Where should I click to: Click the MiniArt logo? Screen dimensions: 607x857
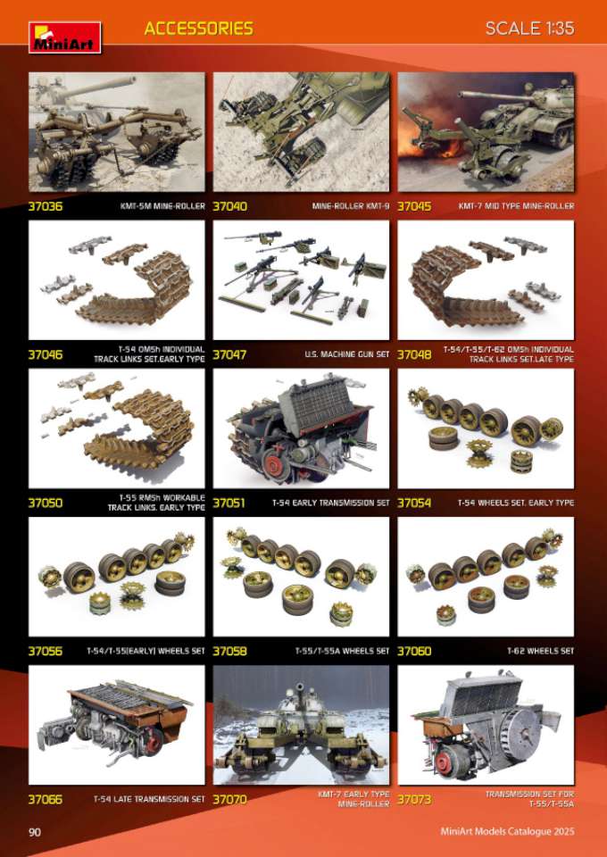coord(65,37)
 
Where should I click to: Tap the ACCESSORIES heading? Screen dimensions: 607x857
coord(199,29)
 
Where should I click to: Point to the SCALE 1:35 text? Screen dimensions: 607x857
coord(529,29)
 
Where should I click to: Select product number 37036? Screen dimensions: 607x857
coord(46,206)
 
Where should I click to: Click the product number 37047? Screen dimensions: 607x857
coord(230,354)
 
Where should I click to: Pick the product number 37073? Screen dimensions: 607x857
coord(415,799)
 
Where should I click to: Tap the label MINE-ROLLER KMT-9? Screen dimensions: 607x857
coord(351,206)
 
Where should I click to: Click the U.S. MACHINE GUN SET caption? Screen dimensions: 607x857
coord(347,354)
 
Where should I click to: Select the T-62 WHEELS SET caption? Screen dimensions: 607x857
coord(540,651)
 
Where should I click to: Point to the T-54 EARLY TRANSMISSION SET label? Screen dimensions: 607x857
coord(331,503)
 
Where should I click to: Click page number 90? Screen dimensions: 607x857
coord(35,832)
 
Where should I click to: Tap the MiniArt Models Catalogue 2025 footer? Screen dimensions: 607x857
coord(508,832)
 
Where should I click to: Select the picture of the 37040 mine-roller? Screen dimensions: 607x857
coord(301,132)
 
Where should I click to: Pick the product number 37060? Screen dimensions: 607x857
coord(415,651)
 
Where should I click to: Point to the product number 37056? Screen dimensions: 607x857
coord(46,651)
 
